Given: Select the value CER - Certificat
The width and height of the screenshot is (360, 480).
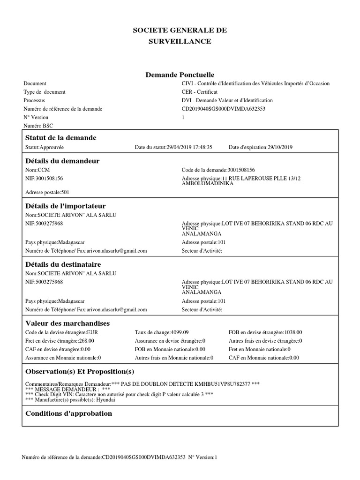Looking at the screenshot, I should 200,92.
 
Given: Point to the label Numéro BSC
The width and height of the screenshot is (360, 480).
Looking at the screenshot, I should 38,126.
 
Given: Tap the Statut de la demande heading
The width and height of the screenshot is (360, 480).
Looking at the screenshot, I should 60,138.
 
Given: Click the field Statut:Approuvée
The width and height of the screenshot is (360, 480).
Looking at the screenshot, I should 45,147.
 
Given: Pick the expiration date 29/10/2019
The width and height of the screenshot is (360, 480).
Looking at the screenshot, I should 280,147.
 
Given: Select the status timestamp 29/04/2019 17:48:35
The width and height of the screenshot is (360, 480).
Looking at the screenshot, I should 189,147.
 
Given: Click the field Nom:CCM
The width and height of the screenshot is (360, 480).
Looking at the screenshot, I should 37,170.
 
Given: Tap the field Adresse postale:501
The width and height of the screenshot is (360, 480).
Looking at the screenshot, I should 47,192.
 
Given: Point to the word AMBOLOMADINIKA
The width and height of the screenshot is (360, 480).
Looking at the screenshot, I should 207,183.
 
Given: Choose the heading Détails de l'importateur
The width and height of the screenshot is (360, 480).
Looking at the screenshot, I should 65,206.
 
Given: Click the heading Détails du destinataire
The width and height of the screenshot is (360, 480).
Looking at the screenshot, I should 63,264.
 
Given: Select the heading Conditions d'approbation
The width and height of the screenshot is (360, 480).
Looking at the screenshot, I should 68,413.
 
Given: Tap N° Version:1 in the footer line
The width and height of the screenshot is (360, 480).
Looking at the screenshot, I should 203,457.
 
